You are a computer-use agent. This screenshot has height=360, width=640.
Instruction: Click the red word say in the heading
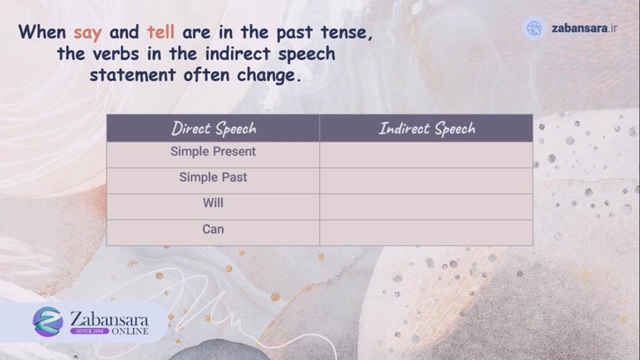tap(87, 33)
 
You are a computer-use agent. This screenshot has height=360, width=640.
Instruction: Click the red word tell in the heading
tap(161, 33)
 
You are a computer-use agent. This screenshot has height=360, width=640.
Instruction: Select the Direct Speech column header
tap(213, 128)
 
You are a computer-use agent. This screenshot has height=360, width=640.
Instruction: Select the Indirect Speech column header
tap(427, 128)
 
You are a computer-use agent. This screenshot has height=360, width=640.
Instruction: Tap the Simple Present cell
tap(213, 152)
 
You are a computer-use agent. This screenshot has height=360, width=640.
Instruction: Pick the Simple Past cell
tap(213, 177)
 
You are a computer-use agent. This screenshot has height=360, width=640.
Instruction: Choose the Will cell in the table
tap(213, 203)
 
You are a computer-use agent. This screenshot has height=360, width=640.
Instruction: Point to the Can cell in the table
tap(213, 229)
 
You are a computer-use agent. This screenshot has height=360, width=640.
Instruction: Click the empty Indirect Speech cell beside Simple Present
tap(427, 154)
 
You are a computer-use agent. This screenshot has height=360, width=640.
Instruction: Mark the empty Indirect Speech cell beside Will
tap(427, 206)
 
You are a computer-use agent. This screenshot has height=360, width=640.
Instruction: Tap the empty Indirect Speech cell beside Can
tap(427, 232)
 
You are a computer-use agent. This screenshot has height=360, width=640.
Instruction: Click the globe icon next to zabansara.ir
tap(534, 28)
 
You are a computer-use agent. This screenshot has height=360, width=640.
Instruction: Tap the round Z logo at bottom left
tap(48, 322)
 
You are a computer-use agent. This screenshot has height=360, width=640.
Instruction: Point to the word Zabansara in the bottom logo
tap(110, 317)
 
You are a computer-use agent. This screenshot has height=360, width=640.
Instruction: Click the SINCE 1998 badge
tap(89, 331)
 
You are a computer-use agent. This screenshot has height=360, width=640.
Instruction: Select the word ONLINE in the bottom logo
tap(129, 331)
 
